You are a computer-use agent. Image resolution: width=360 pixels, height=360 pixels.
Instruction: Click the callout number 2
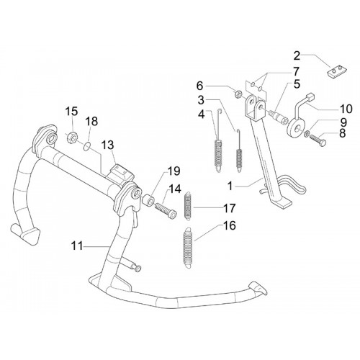click(297, 56)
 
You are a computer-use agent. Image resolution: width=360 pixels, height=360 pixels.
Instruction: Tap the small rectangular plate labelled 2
click(336, 72)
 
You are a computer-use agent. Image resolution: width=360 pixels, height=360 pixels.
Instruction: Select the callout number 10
click(345, 109)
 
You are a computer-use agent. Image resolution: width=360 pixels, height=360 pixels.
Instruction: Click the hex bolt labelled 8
click(318, 140)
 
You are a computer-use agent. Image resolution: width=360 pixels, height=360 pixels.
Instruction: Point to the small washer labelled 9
click(307, 134)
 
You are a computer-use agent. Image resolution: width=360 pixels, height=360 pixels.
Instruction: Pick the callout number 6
click(199, 86)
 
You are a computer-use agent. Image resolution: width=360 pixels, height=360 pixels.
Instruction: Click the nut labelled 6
click(238, 94)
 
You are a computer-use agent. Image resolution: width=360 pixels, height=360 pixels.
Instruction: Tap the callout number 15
click(71, 112)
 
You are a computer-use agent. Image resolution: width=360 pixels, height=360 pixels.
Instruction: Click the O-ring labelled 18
click(87, 146)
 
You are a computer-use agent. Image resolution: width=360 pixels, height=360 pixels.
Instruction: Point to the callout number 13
click(107, 145)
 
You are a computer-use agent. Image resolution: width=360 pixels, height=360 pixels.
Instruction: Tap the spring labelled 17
click(188, 206)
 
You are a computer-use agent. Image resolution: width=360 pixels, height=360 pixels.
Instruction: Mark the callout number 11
click(77, 246)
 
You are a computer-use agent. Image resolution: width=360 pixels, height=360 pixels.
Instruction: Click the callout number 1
click(230, 186)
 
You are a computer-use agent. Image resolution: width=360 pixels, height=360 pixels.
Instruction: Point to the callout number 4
click(201, 114)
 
